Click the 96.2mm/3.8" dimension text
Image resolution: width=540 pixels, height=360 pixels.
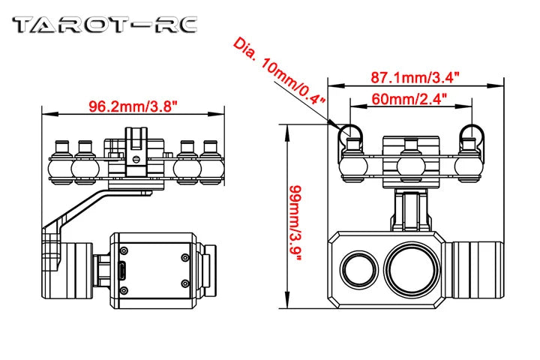pos(132,106)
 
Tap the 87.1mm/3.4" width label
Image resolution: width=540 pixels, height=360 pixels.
pos(415,76)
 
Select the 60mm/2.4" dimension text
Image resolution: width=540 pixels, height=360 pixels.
pos(411,97)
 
